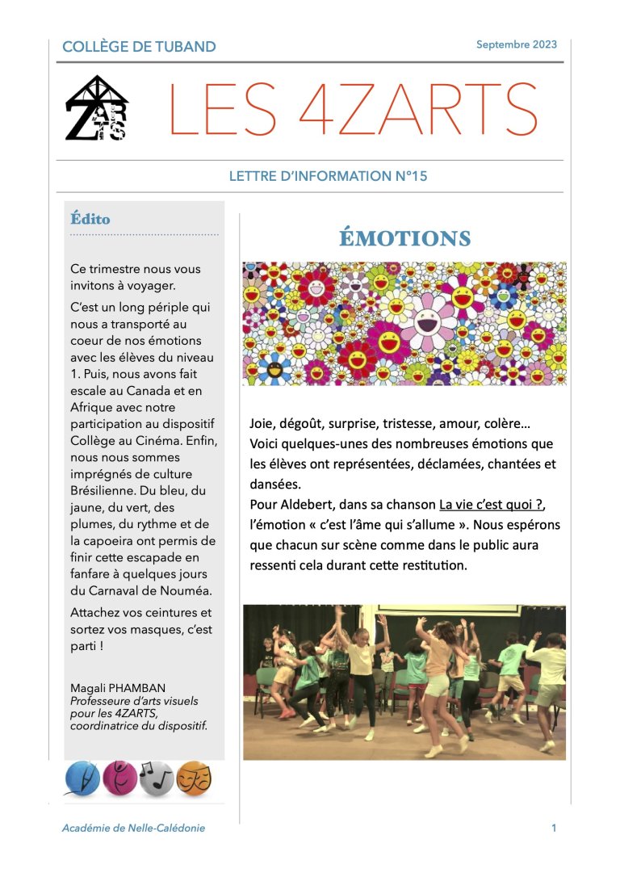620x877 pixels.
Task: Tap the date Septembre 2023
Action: [x=516, y=44]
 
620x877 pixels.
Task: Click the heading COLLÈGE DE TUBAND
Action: [x=139, y=47]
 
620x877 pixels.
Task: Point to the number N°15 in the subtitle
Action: [x=408, y=176]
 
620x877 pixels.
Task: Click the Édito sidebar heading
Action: [x=90, y=219]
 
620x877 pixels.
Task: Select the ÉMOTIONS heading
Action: [x=404, y=238]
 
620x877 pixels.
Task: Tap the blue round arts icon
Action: [x=82, y=779]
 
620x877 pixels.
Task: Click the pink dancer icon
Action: [x=119, y=779]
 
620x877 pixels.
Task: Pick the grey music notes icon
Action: [x=157, y=779]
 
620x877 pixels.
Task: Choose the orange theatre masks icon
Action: [x=194, y=779]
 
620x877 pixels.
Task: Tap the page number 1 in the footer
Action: [x=554, y=828]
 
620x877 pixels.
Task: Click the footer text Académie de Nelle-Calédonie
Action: [x=133, y=828]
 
